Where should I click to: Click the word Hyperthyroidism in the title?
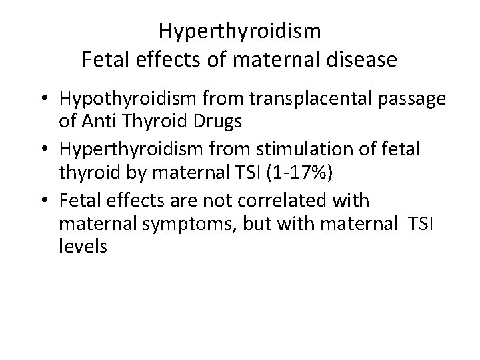point(240,31)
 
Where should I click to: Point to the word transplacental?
point(302,100)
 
